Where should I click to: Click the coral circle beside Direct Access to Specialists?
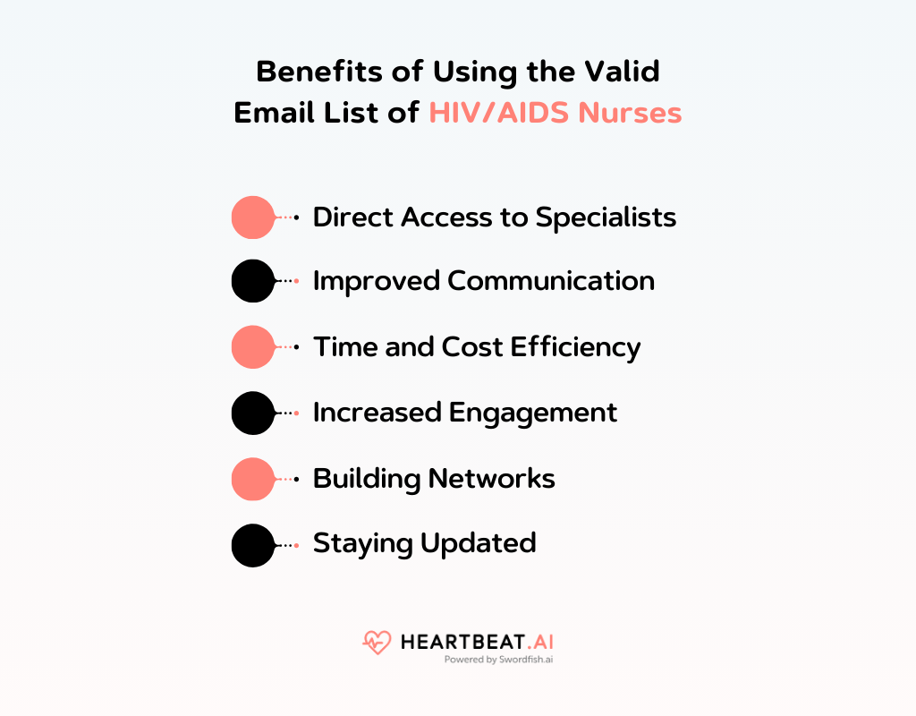coord(253,217)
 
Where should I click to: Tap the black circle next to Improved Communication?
coord(253,281)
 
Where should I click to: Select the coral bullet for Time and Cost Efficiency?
coord(253,347)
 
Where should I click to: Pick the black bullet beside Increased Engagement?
coord(253,413)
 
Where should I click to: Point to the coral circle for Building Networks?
coord(253,479)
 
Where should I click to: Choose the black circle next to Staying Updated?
coord(253,545)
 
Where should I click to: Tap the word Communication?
coord(550,281)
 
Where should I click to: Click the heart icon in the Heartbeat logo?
coord(377,642)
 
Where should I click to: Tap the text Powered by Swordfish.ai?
coord(498,661)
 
